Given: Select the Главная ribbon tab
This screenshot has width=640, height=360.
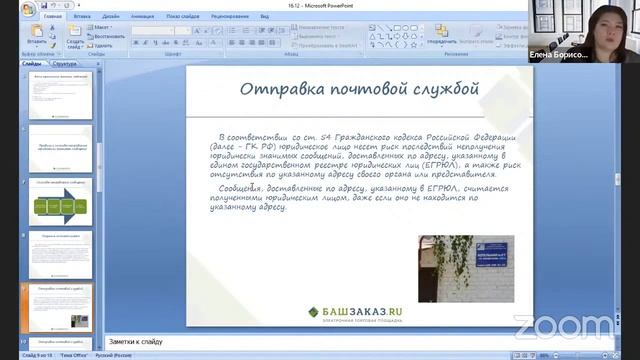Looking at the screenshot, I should click(x=52, y=17).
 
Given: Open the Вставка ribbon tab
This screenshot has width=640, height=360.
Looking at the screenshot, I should click(x=82, y=17).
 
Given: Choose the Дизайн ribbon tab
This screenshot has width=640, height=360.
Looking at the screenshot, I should click(x=111, y=17).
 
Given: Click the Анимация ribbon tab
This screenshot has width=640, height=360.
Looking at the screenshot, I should click(x=142, y=17).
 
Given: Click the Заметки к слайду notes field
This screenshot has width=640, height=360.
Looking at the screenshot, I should click(x=300, y=341).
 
